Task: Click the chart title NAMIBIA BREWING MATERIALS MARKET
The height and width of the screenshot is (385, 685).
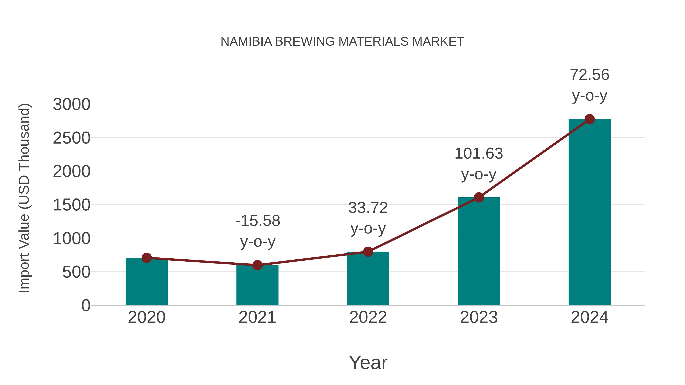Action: coord(342,42)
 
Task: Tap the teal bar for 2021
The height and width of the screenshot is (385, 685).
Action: coord(257,287)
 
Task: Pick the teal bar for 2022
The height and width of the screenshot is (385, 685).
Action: coord(368,279)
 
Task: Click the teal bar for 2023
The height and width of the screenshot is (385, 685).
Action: coord(479,252)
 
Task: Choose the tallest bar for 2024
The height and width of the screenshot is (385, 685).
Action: coord(589,213)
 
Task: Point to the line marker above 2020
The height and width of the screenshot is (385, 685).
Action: coord(147,258)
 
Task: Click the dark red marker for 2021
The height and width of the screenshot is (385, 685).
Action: coord(257,265)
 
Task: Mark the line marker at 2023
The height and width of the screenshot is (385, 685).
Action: coord(479,197)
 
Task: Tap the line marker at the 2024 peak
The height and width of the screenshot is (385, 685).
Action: coord(589,119)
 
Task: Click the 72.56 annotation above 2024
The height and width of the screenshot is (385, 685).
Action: coord(589,75)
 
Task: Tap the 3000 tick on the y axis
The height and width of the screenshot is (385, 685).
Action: coord(72,104)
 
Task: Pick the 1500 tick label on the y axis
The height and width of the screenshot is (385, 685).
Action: coord(72,205)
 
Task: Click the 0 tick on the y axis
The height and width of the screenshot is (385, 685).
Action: coord(86,306)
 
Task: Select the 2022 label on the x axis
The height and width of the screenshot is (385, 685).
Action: coord(368,317)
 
